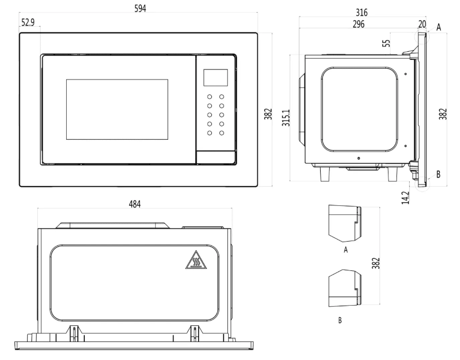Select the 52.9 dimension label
[29, 22]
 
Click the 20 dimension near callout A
[422, 25]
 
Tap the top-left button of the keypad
[209, 97]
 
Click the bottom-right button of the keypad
[221, 132]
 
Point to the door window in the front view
[117, 109]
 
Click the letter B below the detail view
[340, 321]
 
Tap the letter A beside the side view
[439, 28]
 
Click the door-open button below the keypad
[216, 157]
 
